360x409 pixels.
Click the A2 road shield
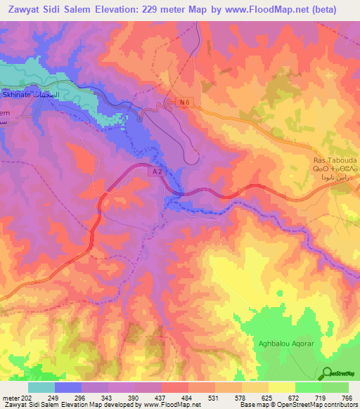pyautogui.click(x=157, y=171)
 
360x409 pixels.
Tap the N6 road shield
pyautogui.click(x=184, y=103)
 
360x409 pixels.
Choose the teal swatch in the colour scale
pyautogui.click(x=41, y=387)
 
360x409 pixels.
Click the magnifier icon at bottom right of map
pyautogui.click(x=328, y=372)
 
